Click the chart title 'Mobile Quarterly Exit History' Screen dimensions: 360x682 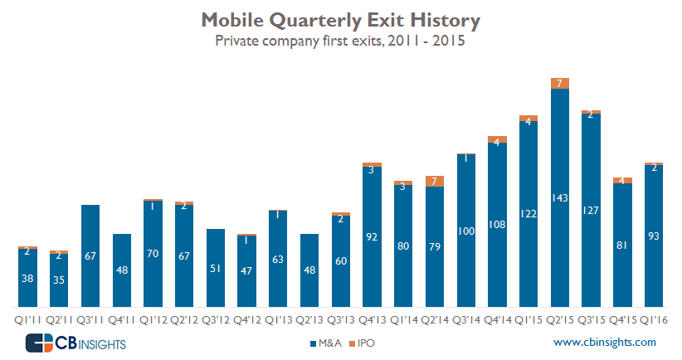pos(341,18)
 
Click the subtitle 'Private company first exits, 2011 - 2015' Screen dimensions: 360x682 pos(341,40)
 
